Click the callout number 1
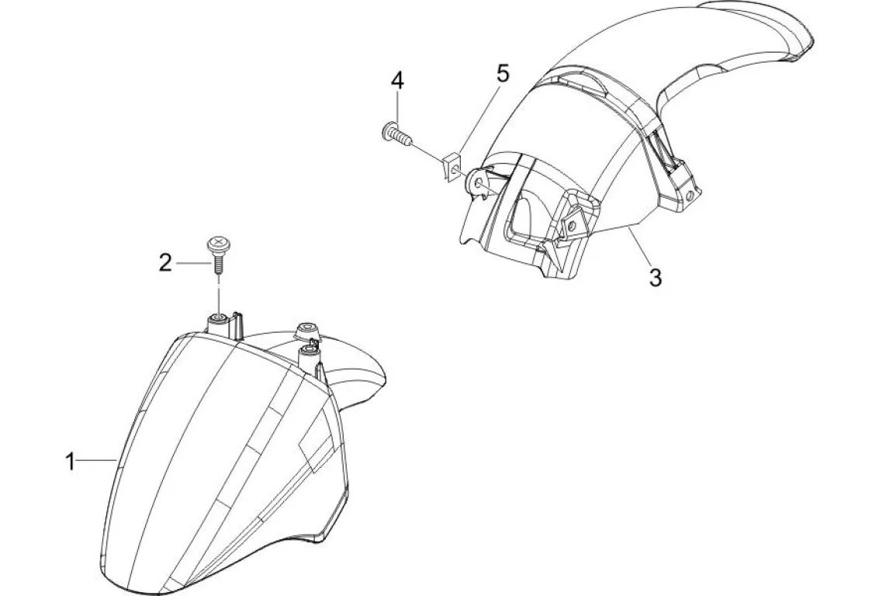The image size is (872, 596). coord(71,462)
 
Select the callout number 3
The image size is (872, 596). coord(656,277)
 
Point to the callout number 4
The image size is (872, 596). coord(397,80)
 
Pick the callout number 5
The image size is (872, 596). coord(503,75)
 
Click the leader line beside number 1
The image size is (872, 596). coord(98,461)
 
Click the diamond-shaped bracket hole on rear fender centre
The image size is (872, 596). coord(573,225)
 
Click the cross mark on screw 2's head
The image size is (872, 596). coord(217,245)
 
